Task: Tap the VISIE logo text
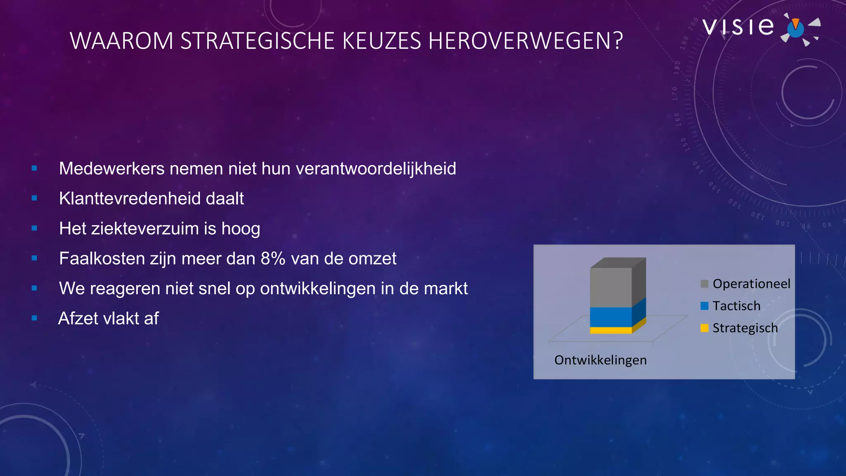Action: (x=738, y=27)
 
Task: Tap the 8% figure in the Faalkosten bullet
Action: (x=273, y=259)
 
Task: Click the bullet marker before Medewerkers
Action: (x=34, y=168)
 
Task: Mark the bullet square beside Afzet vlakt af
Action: (x=34, y=318)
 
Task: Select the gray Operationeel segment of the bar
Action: (x=611, y=287)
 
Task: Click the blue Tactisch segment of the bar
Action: (x=611, y=317)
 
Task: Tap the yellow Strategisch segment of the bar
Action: (x=611, y=330)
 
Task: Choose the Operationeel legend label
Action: (x=751, y=284)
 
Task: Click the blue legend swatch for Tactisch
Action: (x=704, y=306)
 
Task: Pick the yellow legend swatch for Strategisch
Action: (x=704, y=328)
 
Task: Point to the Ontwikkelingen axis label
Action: (x=600, y=360)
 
